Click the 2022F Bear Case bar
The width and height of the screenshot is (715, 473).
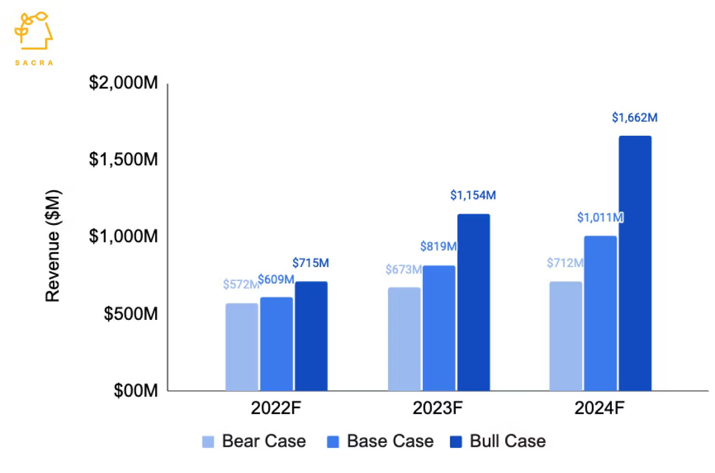(242, 347)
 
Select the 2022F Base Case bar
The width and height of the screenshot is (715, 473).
(277, 344)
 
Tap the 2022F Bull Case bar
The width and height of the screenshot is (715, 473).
(311, 336)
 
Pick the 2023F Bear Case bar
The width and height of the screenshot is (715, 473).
(404, 339)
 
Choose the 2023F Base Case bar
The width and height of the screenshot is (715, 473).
(439, 328)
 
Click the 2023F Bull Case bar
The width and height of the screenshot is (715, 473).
(474, 302)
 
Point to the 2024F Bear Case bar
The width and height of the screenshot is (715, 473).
(566, 336)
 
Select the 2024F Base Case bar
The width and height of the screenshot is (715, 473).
(601, 313)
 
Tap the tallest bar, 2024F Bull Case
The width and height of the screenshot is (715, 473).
(635, 263)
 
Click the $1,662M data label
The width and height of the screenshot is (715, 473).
(635, 118)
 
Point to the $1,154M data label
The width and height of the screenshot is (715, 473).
(473, 195)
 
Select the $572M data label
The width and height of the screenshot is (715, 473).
(240, 284)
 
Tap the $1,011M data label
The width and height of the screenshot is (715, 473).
(600, 218)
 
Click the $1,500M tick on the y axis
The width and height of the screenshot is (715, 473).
(124, 159)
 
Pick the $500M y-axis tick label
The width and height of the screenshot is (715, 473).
(131, 314)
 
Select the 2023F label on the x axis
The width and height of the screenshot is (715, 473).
(437, 408)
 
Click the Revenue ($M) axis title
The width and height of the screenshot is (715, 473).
(53, 246)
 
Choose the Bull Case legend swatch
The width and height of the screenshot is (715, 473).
(456, 442)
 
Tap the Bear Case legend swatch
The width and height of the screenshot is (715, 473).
(208, 442)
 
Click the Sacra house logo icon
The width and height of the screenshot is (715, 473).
(33, 31)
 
